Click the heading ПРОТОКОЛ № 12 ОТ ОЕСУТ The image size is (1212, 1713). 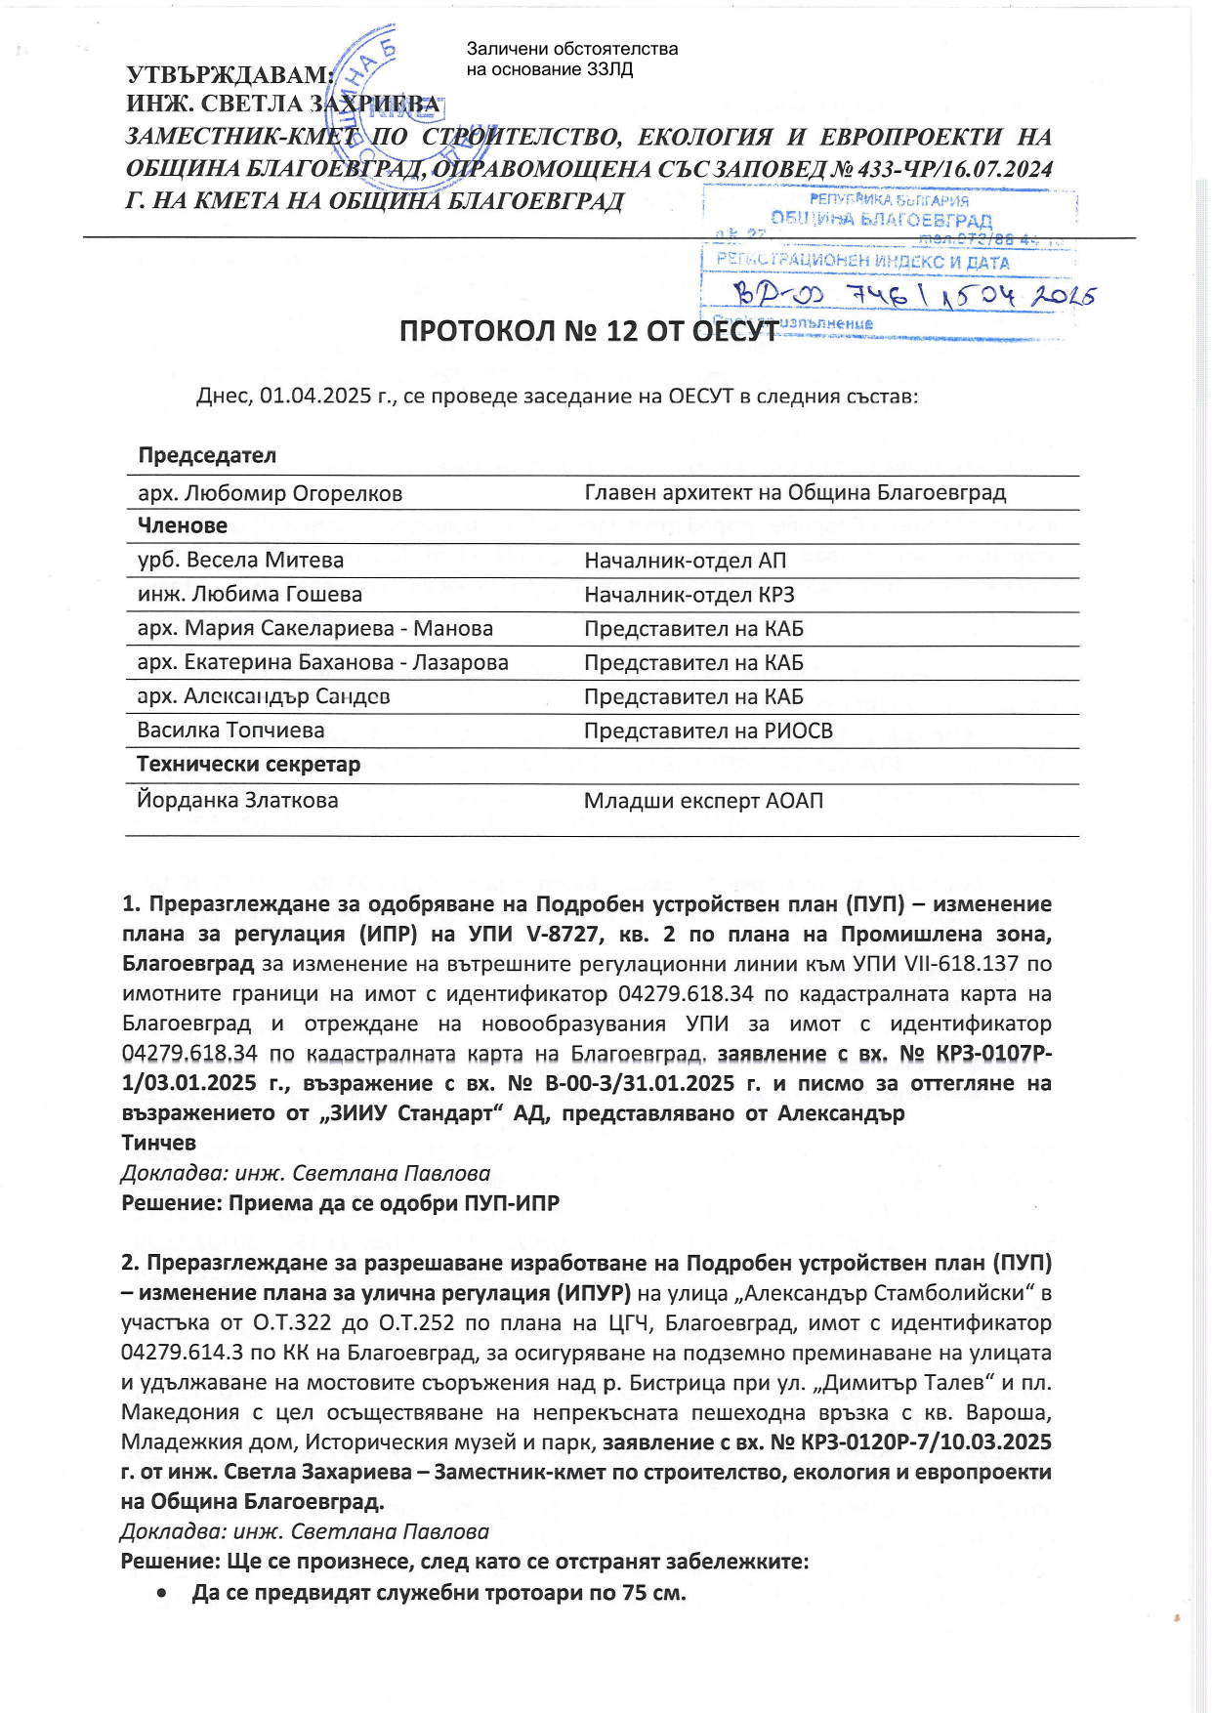(x=588, y=332)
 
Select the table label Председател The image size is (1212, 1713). (x=207, y=456)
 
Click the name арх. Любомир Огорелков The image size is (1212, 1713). (x=270, y=494)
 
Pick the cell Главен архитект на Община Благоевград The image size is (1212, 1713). (x=794, y=493)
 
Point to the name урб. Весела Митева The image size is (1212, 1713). (x=240, y=561)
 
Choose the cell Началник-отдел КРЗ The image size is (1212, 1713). (x=689, y=595)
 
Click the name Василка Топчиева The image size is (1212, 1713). (x=230, y=731)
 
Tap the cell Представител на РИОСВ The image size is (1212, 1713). (x=708, y=731)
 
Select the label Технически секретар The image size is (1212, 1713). (x=248, y=765)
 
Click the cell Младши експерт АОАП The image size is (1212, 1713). (x=703, y=801)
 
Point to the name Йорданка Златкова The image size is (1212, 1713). (x=237, y=801)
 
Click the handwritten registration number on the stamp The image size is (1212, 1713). (x=913, y=294)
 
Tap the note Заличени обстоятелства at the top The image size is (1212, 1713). (x=571, y=49)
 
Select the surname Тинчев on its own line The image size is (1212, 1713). (x=158, y=1143)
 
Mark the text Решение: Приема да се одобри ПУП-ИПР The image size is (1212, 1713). (x=340, y=1203)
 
